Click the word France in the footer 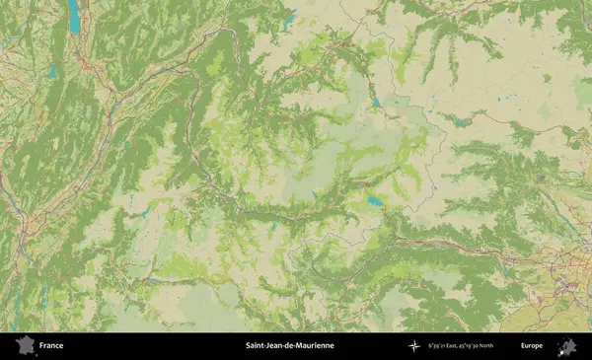[51, 346]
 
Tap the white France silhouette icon [25, 346]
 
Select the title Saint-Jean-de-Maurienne [289, 346]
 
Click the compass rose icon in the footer [414, 346]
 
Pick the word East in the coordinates [453, 346]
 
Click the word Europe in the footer [532, 346]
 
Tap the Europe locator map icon [567, 346]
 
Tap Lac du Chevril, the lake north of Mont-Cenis [376, 101]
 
